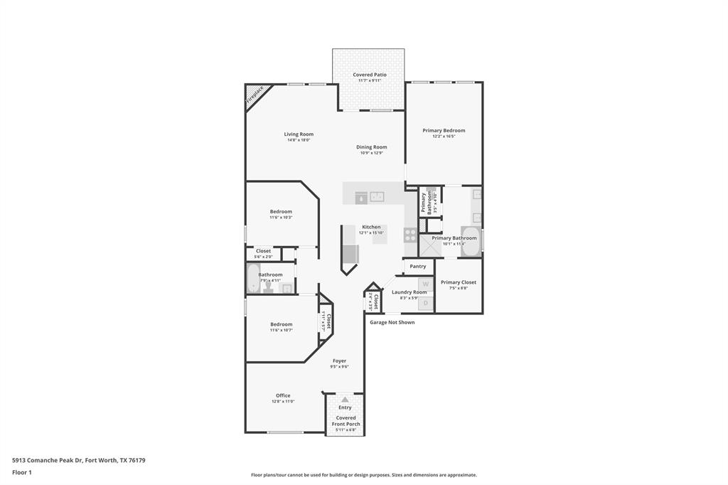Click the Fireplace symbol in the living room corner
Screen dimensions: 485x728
point(254,96)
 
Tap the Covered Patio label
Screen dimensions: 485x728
point(370,75)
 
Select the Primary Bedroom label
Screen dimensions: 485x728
point(444,130)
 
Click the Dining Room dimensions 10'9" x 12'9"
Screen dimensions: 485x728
point(371,153)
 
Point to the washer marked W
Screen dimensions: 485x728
point(425,284)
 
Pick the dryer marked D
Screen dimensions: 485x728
point(425,303)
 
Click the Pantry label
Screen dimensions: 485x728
point(418,267)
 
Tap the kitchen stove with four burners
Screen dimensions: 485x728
point(410,235)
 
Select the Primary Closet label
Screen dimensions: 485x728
point(459,282)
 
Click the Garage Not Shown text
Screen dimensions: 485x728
point(392,322)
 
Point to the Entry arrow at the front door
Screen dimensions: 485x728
point(345,400)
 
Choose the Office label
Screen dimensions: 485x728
point(283,395)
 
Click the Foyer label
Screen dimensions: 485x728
point(340,361)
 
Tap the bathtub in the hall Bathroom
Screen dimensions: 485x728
point(252,278)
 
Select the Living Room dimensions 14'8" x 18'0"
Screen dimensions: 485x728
point(299,140)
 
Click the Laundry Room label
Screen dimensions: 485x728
point(409,292)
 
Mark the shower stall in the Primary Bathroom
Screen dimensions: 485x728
point(430,245)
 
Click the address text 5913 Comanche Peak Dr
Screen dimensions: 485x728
point(47,460)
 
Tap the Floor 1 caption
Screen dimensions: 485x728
point(22,472)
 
